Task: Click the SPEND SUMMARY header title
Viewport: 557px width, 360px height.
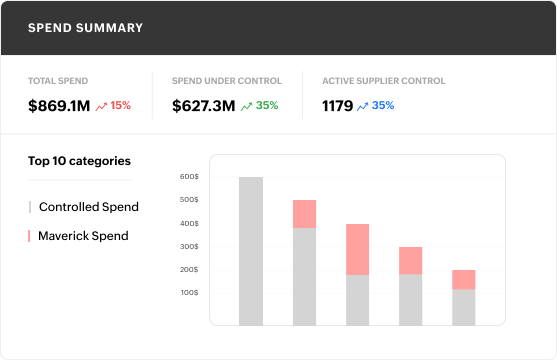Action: (x=85, y=28)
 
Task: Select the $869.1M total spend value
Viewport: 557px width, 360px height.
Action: (x=58, y=105)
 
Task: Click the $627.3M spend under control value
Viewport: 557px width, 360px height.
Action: (x=203, y=105)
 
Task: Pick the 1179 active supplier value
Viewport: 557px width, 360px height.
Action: (x=336, y=105)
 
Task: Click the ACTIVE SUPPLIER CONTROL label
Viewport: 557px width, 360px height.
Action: (x=383, y=81)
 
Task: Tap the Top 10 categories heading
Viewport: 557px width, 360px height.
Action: (x=79, y=160)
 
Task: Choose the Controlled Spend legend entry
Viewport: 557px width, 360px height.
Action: (x=88, y=207)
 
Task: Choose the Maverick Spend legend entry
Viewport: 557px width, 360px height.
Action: (x=83, y=236)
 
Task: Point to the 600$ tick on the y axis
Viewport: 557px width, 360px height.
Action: (x=189, y=177)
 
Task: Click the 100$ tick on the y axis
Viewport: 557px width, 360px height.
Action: (x=189, y=293)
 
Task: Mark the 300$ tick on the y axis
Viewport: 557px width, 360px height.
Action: (x=189, y=247)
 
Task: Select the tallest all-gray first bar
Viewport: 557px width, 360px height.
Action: (x=251, y=251)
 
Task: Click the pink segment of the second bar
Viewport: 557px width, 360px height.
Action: (x=304, y=214)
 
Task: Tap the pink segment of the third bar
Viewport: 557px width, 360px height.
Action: (x=357, y=249)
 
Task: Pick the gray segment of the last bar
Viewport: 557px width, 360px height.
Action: (x=463, y=307)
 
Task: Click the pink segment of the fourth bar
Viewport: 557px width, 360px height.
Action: (x=410, y=260)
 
